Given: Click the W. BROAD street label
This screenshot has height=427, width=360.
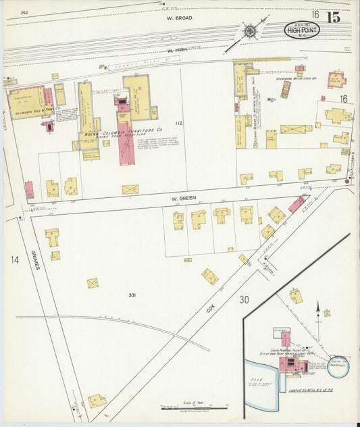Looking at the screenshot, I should [180, 18].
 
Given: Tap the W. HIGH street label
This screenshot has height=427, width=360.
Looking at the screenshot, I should [178, 50].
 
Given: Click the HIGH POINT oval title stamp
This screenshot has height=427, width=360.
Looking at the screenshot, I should [301, 29].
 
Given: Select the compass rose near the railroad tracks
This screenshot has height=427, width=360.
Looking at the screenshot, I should [249, 30].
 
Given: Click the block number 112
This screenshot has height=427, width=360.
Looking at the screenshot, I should [178, 124].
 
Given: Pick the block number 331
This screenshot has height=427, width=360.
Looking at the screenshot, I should [132, 295].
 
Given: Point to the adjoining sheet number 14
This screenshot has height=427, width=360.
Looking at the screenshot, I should [14, 259].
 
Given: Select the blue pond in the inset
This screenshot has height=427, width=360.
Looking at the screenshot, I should [259, 395].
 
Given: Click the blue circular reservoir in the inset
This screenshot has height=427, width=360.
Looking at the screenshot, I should [337, 368].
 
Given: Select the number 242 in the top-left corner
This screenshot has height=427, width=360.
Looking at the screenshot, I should [24, 12].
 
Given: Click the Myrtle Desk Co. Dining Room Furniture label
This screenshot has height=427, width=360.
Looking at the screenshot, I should [124, 128].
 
